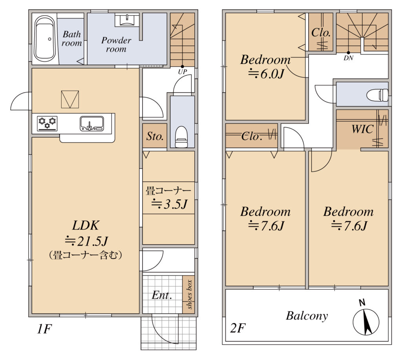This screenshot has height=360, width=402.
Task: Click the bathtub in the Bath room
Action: point(45,38)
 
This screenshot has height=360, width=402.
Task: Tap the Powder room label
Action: point(116,44)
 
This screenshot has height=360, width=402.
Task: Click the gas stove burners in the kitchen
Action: point(47,124)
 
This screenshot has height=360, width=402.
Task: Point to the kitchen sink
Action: point(92,124)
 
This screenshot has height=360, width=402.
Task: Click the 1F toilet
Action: point(181,137)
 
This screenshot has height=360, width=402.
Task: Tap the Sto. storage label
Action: point(155,136)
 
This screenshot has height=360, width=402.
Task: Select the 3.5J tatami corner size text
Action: point(170,204)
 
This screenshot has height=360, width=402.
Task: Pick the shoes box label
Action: point(189,295)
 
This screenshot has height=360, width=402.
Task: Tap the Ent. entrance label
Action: point(161,295)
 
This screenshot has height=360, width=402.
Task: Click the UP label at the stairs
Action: point(183,72)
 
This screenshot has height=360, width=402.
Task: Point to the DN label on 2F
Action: point(349,58)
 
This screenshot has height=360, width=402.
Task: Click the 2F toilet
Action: point(377,95)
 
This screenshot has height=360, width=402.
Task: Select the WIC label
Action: point(362,129)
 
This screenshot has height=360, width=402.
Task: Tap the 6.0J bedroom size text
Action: point(267,74)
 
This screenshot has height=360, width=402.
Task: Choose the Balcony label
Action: point(307,316)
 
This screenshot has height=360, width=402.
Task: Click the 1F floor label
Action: point(44,329)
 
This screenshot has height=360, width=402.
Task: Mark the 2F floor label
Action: point(238,328)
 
